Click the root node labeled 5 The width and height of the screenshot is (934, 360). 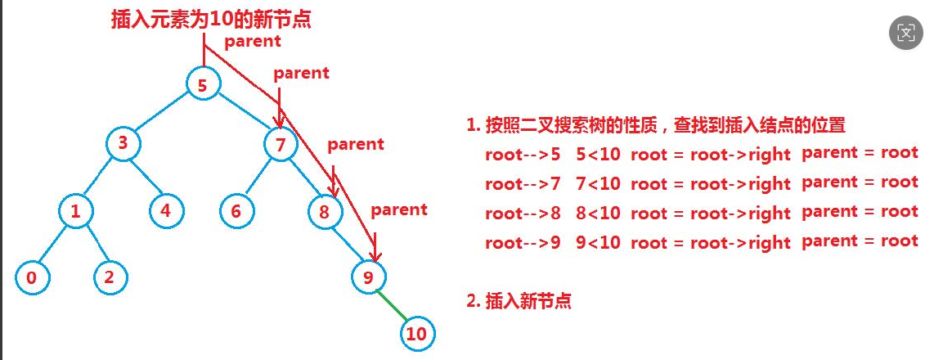tap(203, 84)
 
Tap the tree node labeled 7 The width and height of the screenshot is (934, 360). tap(280, 145)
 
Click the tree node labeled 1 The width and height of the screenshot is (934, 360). tap(75, 211)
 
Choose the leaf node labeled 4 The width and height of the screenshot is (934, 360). tap(166, 210)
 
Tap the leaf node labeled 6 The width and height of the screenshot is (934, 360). tap(236, 211)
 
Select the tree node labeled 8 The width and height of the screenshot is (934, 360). tap(324, 212)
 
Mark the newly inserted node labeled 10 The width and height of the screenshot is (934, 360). tap(416, 334)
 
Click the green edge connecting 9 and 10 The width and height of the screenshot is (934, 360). tap(392, 306)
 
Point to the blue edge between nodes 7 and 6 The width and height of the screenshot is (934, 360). tap(258, 178)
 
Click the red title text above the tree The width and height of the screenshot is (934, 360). tap(211, 20)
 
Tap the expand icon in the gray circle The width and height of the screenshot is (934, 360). tap(905, 33)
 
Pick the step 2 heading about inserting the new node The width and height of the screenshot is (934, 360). tap(519, 300)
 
